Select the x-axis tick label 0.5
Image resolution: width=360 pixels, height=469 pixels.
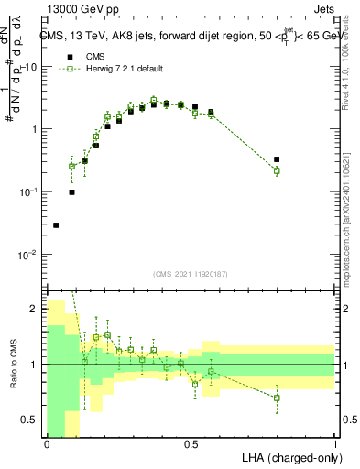coord(191,444)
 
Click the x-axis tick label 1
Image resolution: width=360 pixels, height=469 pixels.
coord(335,444)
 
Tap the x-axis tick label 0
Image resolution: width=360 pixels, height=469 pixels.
coord(47,444)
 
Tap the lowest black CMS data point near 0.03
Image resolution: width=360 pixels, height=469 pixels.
coord(56,224)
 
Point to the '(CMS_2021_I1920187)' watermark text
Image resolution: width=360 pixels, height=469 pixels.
coord(191,274)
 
